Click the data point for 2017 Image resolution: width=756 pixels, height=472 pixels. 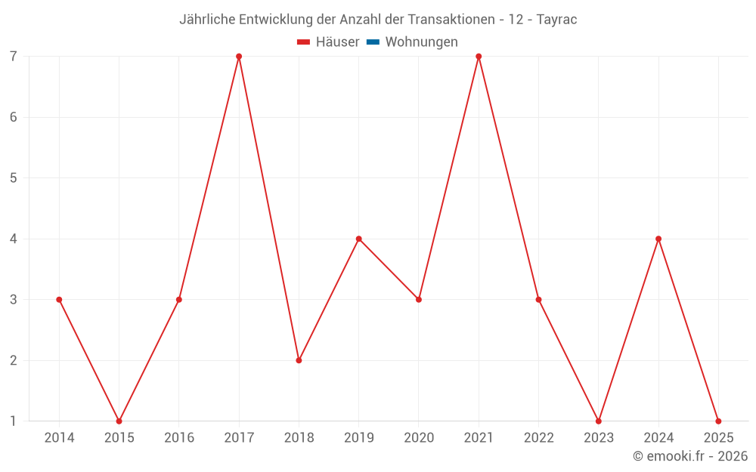click(x=239, y=57)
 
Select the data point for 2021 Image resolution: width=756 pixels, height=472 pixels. click(x=479, y=57)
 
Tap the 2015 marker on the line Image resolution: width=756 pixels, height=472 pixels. click(x=119, y=421)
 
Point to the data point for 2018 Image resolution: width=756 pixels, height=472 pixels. click(x=299, y=360)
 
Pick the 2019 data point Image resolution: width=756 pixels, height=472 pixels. click(x=359, y=239)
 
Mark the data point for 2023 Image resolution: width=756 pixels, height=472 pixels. click(x=599, y=421)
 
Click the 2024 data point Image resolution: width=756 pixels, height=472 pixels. click(x=658, y=239)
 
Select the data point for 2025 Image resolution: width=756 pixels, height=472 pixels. click(x=718, y=421)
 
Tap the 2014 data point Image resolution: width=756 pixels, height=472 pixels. click(x=59, y=300)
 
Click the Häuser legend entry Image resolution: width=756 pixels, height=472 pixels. click(x=328, y=42)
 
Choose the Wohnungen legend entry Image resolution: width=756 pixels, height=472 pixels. click(x=412, y=42)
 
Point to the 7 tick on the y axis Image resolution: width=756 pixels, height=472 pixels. click(x=14, y=57)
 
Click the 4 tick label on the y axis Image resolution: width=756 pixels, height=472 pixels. click(x=14, y=239)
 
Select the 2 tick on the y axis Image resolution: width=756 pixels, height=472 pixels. click(x=14, y=360)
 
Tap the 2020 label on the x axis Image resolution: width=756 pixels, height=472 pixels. click(x=419, y=438)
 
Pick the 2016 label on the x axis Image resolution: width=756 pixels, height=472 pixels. click(x=179, y=438)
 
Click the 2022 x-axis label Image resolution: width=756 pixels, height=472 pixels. click(x=538, y=438)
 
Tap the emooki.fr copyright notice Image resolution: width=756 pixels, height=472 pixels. click(x=690, y=456)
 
